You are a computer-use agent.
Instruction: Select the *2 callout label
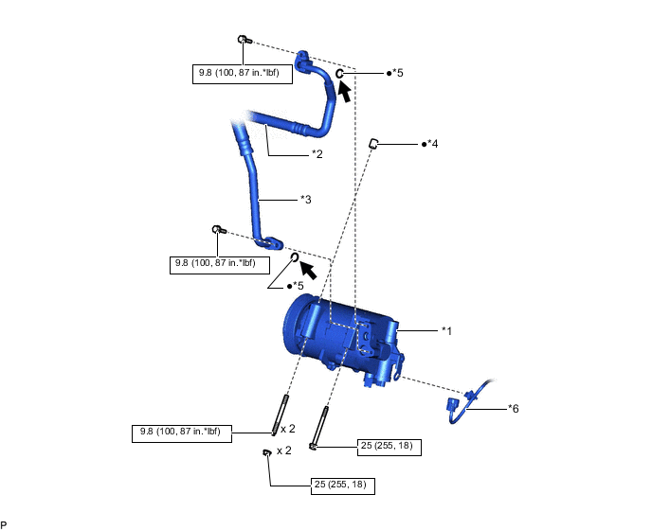pos(318,153)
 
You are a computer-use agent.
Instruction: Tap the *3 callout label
pos(306,199)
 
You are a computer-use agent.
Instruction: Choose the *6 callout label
pos(513,408)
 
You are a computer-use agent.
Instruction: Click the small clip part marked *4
pos(374,143)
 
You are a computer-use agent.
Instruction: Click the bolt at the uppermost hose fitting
pos(243,40)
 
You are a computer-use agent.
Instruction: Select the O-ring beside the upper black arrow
pos(339,73)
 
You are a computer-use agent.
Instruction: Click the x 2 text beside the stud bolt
pos(289,428)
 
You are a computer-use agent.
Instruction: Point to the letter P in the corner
pos(4,523)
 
